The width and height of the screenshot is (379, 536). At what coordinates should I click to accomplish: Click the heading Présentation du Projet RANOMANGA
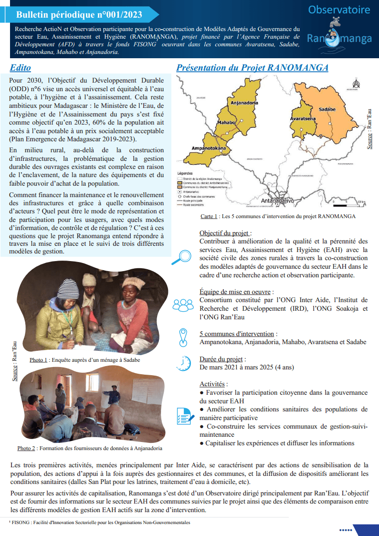point(252,68)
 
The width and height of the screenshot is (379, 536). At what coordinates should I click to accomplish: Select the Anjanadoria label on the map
point(244,103)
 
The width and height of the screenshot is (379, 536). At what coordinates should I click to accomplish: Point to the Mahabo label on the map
point(226,123)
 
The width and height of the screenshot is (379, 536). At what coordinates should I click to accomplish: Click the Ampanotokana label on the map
point(208,148)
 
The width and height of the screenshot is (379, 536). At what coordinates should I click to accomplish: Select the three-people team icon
point(183,305)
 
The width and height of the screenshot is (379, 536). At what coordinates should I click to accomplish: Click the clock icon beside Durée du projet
point(183,363)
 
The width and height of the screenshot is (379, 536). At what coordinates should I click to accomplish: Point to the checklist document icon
point(183,416)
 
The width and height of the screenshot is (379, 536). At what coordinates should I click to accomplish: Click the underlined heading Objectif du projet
point(225,233)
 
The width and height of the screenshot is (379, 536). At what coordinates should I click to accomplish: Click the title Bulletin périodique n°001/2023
point(79,15)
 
